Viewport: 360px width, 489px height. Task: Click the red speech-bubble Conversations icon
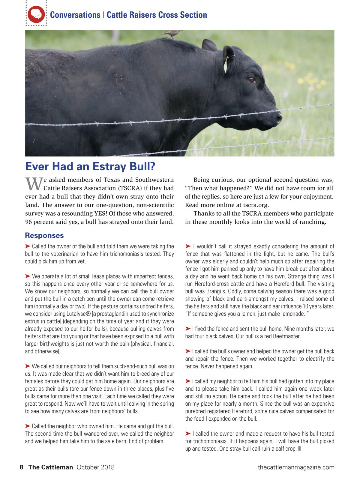[x=36, y=14]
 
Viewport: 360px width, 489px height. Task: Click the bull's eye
[x=251, y=80]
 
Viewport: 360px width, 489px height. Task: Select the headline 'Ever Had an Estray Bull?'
[x=90, y=166]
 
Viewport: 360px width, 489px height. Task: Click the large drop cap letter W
[x=33, y=184]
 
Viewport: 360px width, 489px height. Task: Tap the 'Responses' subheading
[x=44, y=235]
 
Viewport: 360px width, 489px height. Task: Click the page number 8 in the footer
[x=21, y=467]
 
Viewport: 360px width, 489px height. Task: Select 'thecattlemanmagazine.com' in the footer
[x=296, y=467]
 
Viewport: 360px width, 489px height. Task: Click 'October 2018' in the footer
[x=95, y=467]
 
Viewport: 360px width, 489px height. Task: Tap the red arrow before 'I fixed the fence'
[x=188, y=329]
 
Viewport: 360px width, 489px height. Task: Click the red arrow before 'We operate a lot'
[x=28, y=276]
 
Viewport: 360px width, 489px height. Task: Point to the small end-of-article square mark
[x=299, y=449]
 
